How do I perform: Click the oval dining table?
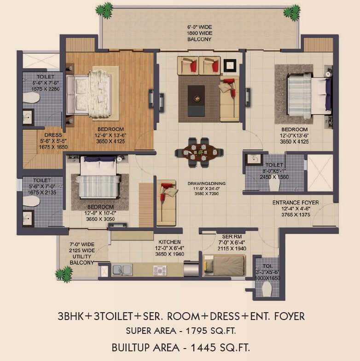coord(199,151)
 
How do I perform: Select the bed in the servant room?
coord(225,266)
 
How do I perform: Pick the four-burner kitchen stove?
coord(160,270)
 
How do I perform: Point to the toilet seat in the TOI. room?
coord(267,289)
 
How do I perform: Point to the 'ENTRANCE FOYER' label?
coord(296,202)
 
